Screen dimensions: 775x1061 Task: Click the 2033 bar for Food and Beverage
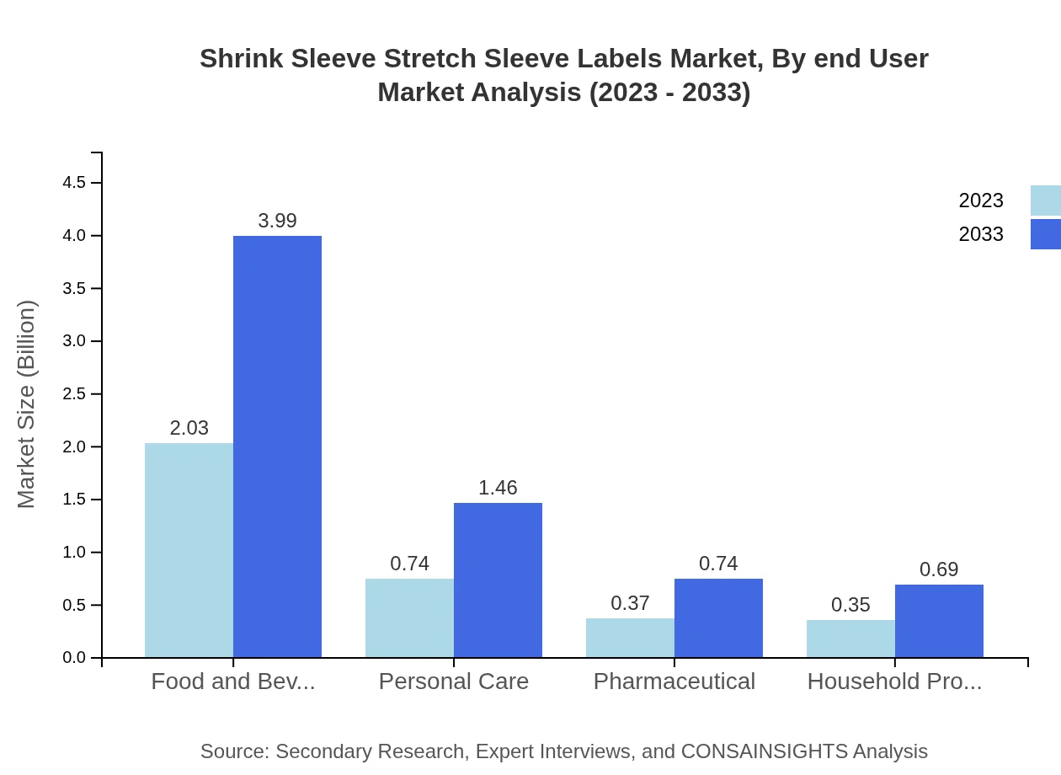click(277, 446)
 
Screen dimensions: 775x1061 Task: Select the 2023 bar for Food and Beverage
click(189, 550)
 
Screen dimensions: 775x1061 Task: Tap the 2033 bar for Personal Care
click(498, 580)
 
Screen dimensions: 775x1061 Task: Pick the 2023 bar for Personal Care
click(409, 617)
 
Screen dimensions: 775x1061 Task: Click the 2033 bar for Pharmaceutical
click(718, 617)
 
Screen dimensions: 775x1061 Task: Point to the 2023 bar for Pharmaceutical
click(630, 638)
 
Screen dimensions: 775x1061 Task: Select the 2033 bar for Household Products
click(939, 621)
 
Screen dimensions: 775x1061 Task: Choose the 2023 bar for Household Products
click(850, 639)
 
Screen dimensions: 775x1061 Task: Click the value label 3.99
click(277, 221)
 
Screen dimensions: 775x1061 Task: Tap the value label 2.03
click(189, 428)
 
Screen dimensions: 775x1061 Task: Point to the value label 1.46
click(498, 488)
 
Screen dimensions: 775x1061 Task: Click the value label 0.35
click(850, 605)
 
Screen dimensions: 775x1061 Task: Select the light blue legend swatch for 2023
click(1045, 200)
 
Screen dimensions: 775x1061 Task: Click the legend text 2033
click(981, 234)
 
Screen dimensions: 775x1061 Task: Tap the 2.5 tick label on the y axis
click(74, 394)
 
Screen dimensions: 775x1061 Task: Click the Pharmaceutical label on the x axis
click(674, 681)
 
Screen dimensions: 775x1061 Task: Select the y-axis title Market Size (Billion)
click(27, 404)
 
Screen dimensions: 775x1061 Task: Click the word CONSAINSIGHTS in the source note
click(763, 751)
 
